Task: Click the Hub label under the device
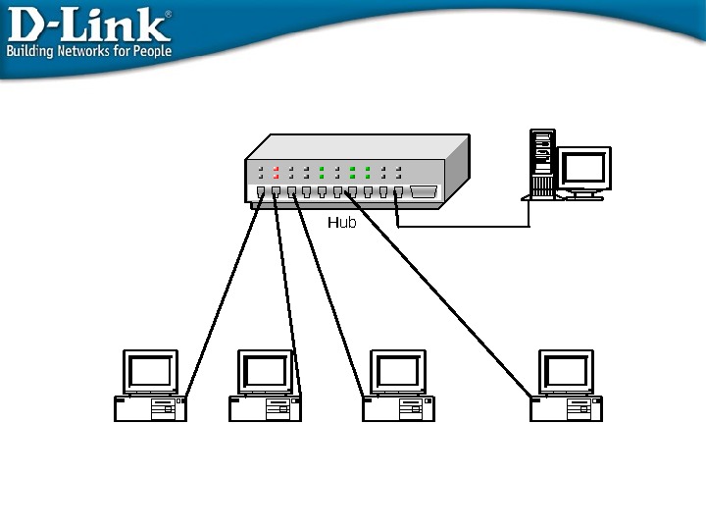coord(341,223)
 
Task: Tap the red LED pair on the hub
coord(277,173)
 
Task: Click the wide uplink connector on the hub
coord(424,192)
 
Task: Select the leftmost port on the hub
coord(261,192)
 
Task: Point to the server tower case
coord(541,162)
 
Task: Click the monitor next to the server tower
coord(584,169)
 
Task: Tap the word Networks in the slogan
coord(87,51)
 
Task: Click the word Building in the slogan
coord(31,51)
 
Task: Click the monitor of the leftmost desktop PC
coord(150,371)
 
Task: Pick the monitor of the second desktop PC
coord(265,371)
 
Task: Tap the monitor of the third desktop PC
coord(398,371)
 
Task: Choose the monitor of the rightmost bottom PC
coord(566,371)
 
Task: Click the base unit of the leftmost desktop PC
coord(150,408)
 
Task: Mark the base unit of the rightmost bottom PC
coord(566,408)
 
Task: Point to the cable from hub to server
coord(461,227)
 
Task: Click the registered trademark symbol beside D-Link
coord(167,14)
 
